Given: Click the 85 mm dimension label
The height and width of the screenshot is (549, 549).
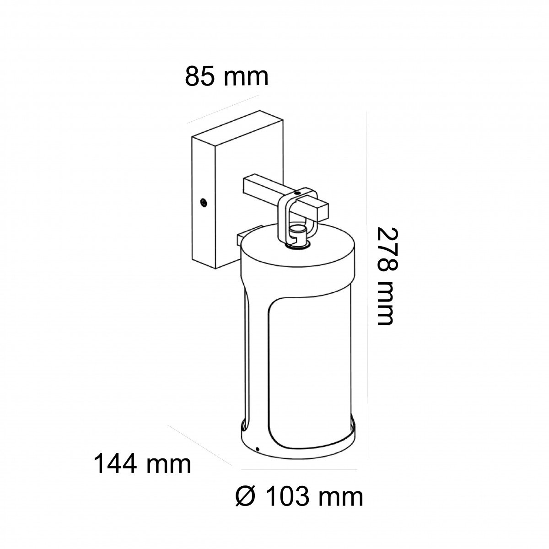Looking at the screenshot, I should [x=226, y=76].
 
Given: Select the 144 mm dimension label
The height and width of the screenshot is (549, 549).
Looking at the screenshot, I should [x=142, y=464].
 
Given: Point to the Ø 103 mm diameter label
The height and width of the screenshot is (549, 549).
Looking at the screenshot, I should [x=298, y=497].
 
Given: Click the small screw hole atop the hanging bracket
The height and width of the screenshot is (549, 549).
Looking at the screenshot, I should [x=298, y=193].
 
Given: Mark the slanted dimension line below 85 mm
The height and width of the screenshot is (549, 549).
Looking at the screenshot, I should [x=223, y=109].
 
